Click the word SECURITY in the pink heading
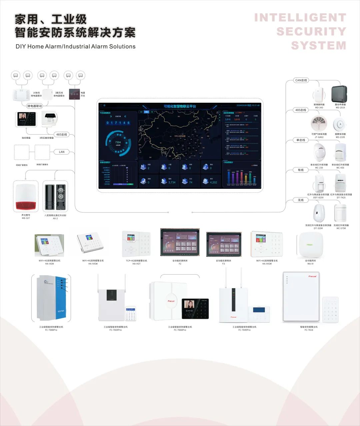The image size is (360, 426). [x=311, y=32]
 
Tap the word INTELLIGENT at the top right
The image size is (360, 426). [x=300, y=18]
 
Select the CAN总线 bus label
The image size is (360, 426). [x=301, y=80]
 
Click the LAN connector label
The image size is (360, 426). [x=62, y=152]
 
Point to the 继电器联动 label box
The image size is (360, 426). [x=35, y=106]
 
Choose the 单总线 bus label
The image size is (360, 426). [x=301, y=140]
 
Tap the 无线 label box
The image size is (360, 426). [x=301, y=200]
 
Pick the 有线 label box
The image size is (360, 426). [x=301, y=170]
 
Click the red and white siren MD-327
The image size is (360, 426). [x=26, y=196]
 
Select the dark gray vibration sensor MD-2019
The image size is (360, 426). [x=339, y=94]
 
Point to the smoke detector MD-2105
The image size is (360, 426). [x=340, y=124]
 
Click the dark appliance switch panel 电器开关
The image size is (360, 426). [x=74, y=94]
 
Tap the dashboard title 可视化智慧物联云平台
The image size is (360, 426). [x=180, y=106]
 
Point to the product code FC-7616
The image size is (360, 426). [x=309, y=330]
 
